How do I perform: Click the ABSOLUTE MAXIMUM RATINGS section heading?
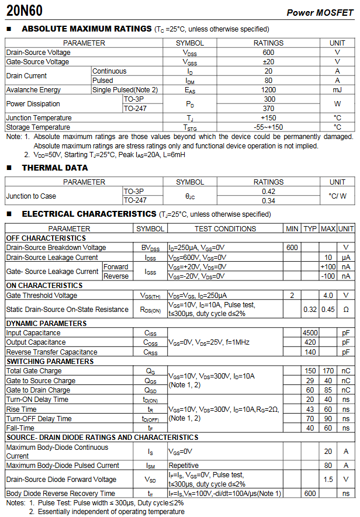tap(86, 29)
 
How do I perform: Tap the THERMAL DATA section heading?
tap(55, 168)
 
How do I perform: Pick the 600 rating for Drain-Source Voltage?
tap(268, 52)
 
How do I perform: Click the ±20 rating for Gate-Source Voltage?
tap(268, 61)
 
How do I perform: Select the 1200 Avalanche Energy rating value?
tap(268, 90)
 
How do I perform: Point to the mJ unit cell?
tap(337, 90)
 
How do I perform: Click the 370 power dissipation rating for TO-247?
tap(268, 109)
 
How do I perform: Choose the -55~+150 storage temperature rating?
tap(268, 127)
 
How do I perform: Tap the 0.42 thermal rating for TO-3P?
tap(268, 192)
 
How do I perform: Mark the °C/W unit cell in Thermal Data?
tap(337, 196)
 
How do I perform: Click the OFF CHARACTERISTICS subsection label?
tap(46, 238)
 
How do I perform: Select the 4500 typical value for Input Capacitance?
tap(310, 333)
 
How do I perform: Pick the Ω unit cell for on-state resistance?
tap(346, 309)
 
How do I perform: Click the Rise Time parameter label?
tap(21, 410)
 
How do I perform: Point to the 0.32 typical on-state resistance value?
tap(310, 309)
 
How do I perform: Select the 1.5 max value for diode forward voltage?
tap(328, 480)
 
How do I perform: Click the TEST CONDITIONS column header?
tap(225, 229)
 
